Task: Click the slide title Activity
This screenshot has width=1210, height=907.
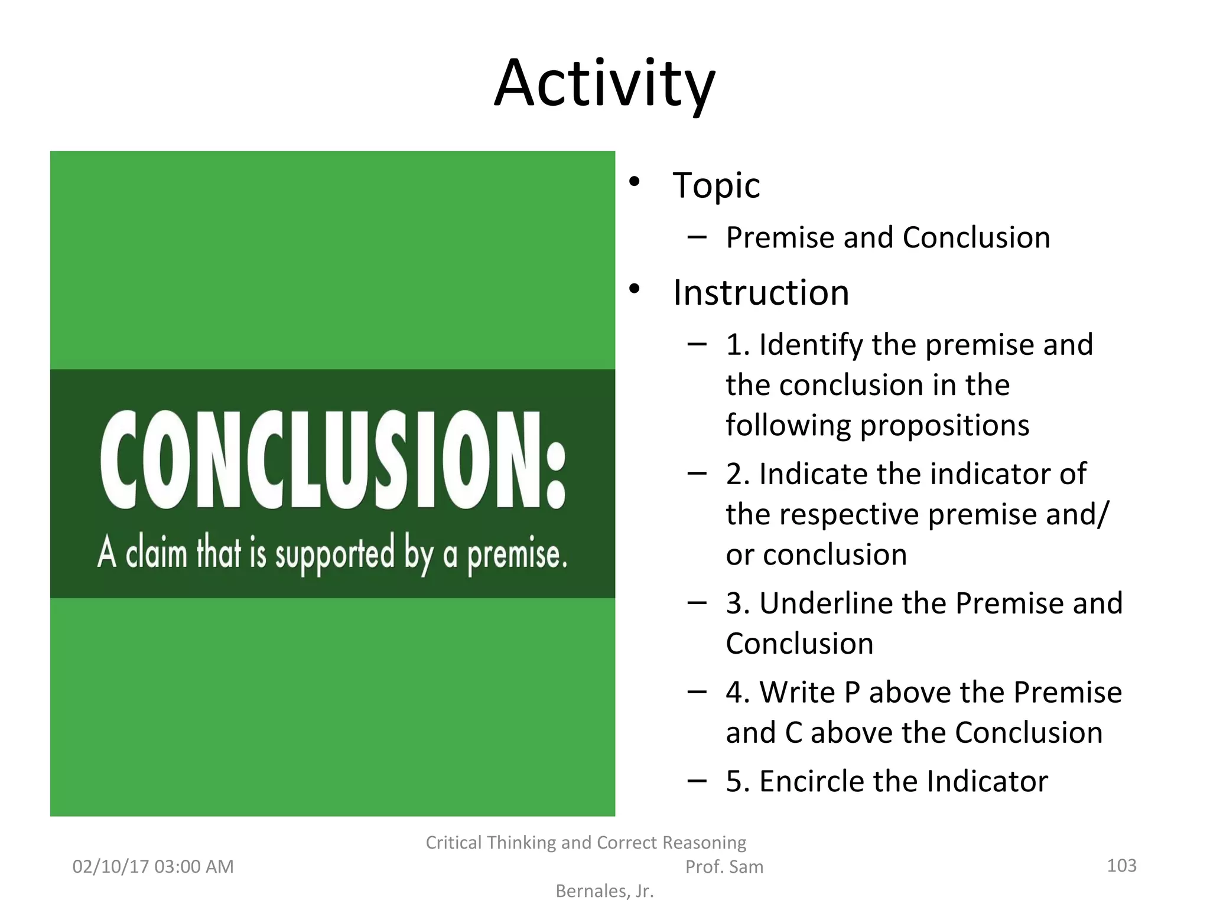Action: click(604, 84)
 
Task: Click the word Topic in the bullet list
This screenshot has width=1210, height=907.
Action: click(716, 185)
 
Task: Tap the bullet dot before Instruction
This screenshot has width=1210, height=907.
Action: click(635, 289)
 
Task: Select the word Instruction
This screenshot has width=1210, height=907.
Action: click(761, 293)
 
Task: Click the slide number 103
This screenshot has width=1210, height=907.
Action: click(1121, 866)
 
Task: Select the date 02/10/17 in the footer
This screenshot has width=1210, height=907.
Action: click(110, 867)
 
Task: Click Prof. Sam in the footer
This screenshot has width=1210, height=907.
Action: click(724, 867)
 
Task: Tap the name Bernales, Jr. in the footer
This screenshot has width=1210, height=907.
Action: click(604, 891)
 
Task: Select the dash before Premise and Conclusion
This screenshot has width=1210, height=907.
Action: click(697, 237)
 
